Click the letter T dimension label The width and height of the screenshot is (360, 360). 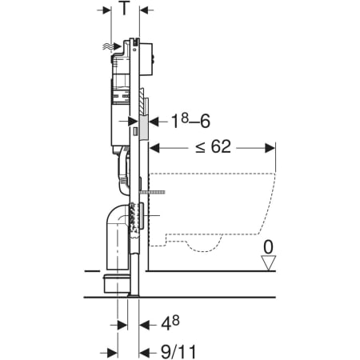pyautogui.click(x=124, y=8)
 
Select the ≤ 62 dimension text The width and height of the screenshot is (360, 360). pyautogui.click(x=214, y=146)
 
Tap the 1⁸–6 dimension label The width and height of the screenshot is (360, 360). pyautogui.click(x=190, y=121)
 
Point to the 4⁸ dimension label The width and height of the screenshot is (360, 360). pyautogui.click(x=170, y=323)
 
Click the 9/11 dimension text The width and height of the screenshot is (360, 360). pyautogui.click(x=178, y=352)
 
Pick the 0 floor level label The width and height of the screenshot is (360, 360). pyautogui.click(x=268, y=247)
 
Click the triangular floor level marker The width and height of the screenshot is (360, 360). pyautogui.click(x=268, y=263)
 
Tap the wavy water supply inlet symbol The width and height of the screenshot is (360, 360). pyautogui.click(x=108, y=46)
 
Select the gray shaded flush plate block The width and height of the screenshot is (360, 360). pyautogui.click(x=144, y=127)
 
